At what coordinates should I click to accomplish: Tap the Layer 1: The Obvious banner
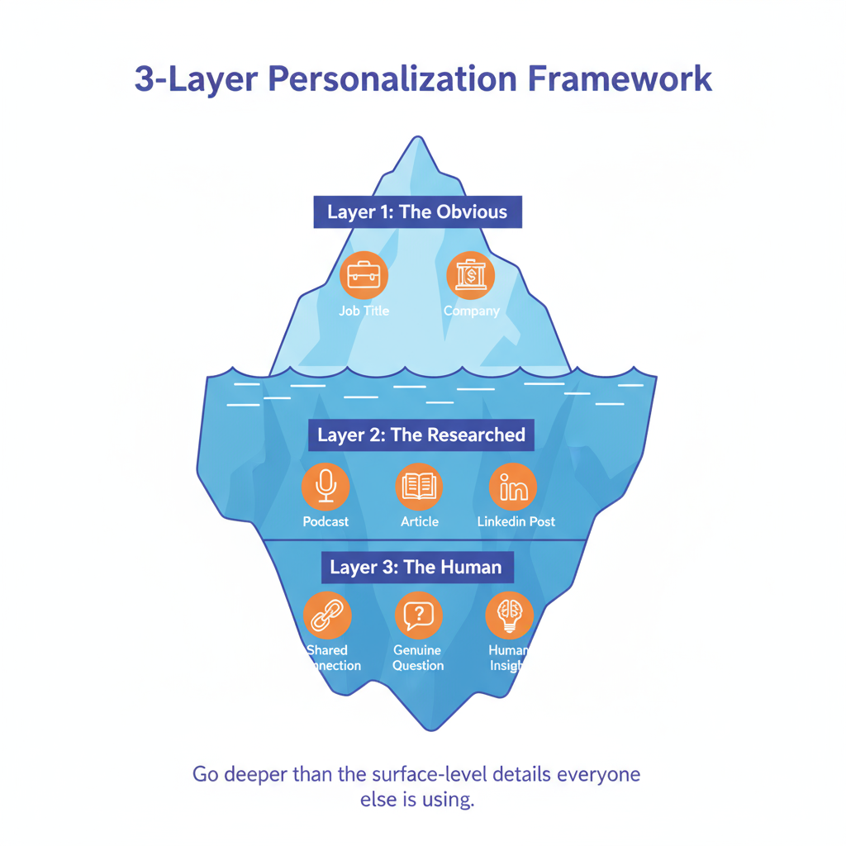(417, 211)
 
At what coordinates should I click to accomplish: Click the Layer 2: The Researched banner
(421, 435)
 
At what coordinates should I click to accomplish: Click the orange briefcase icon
(364, 275)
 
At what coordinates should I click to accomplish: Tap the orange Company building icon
(471, 275)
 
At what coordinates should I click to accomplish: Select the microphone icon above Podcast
(326, 487)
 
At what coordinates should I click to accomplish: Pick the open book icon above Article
(419, 487)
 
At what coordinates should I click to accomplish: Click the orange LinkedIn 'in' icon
(513, 487)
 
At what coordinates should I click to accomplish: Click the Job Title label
(364, 311)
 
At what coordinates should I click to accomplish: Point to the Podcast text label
(326, 522)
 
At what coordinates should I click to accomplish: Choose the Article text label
(420, 522)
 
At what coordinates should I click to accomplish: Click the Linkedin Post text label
(516, 522)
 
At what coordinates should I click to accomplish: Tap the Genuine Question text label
(418, 658)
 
